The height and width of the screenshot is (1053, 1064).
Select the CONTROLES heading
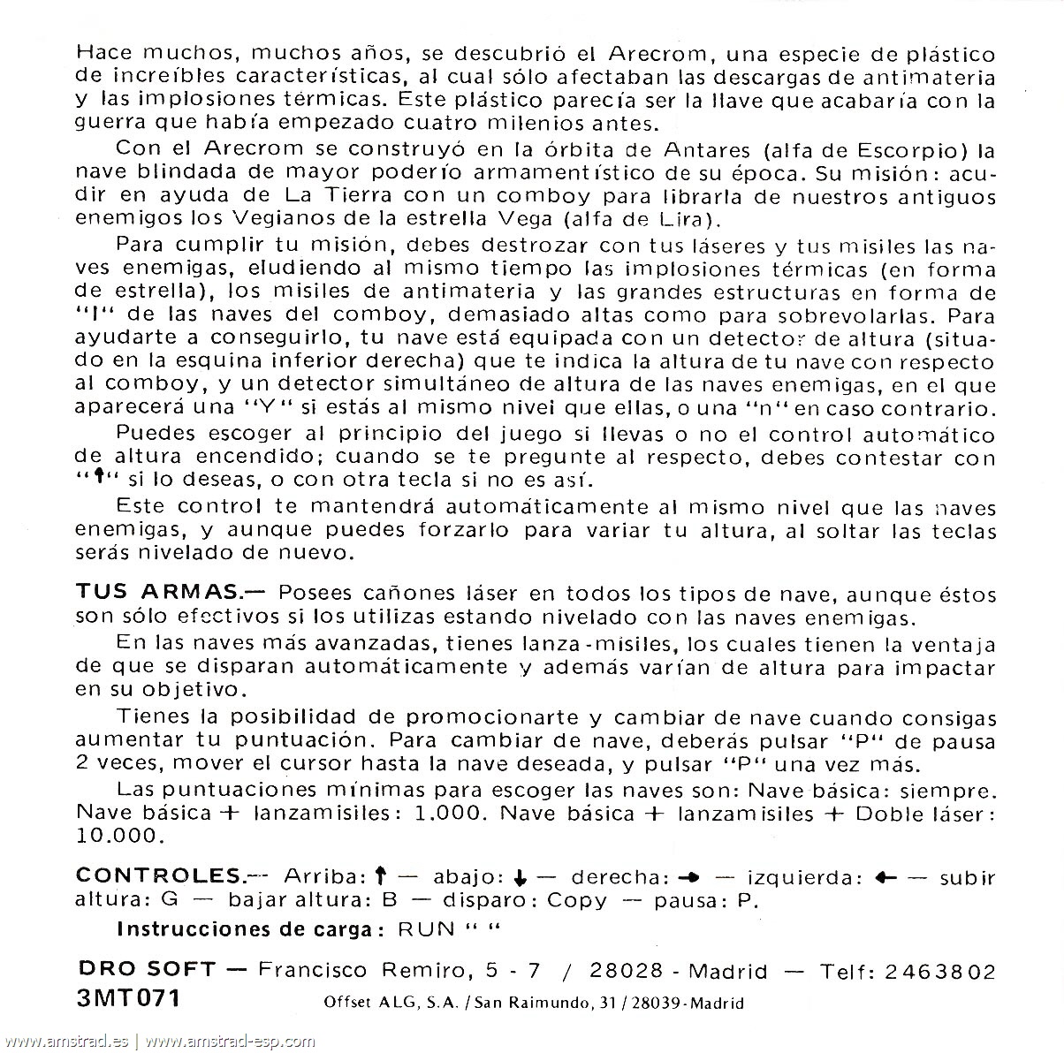click(158, 876)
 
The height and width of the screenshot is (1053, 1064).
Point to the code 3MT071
click(128, 999)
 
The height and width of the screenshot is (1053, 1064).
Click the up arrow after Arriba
click(381, 877)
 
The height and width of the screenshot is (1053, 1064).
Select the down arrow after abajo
click(520, 878)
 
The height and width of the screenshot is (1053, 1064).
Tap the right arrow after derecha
click(688, 878)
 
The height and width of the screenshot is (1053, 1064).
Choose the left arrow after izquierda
click(885, 878)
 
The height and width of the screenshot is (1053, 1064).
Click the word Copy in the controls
click(577, 901)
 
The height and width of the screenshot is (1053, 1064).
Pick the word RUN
click(427, 928)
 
